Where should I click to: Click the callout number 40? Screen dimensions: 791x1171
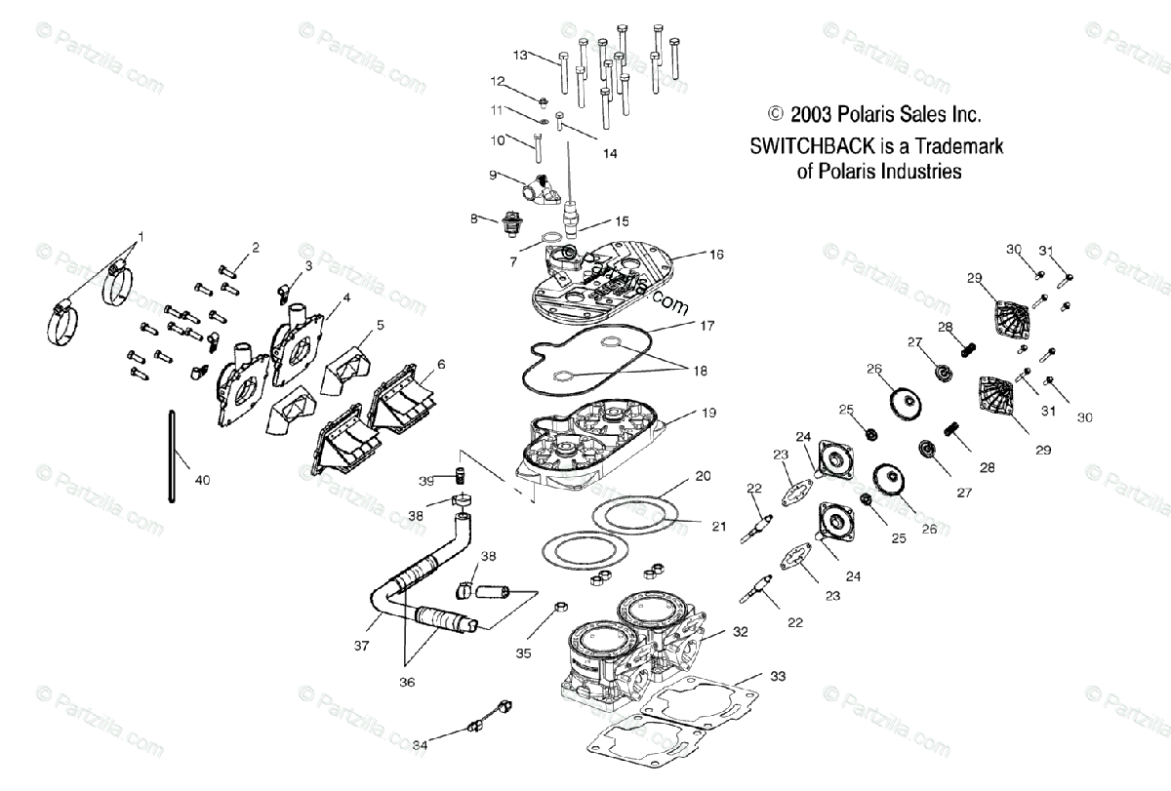click(202, 480)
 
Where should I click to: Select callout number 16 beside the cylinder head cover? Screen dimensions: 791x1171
click(717, 254)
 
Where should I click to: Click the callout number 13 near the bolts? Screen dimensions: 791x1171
click(520, 55)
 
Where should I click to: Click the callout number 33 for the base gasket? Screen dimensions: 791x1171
click(777, 675)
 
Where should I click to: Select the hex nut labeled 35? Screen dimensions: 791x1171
click(561, 608)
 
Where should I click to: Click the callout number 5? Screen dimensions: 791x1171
click(381, 324)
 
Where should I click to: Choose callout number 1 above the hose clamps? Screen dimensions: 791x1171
click(141, 236)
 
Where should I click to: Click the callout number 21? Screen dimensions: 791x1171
click(719, 527)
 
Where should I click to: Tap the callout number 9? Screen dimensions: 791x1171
click(494, 175)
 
